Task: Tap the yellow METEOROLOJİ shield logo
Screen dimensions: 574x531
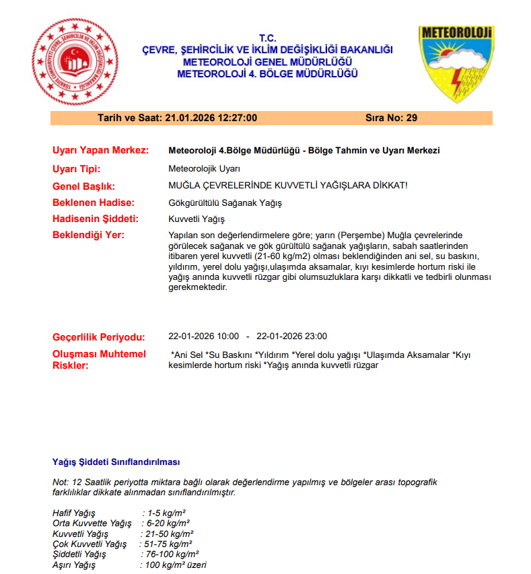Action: coord(456,63)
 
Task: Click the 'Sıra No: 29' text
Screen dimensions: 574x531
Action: coord(391,118)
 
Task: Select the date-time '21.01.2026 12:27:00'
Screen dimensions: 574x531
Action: coord(211,118)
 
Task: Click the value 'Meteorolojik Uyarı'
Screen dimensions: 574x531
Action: coord(204,168)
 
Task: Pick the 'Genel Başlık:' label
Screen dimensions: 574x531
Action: coord(84,186)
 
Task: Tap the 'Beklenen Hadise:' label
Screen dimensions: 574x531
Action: coord(94,203)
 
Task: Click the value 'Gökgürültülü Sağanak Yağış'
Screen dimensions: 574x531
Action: coord(225,203)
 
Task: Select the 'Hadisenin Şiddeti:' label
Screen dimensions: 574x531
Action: coord(96,219)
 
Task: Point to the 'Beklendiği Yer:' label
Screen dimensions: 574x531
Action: coord(89,235)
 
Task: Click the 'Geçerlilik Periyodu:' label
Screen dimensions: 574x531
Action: coord(99,336)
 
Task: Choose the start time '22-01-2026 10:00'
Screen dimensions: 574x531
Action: coord(203,336)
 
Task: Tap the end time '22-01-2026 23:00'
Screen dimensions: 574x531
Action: coord(292,336)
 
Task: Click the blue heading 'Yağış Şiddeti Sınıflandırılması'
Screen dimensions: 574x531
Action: coord(116,462)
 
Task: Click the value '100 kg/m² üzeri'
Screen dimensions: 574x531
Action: coord(176,565)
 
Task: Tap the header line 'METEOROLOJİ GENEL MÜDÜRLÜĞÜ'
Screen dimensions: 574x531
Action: coord(267,62)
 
